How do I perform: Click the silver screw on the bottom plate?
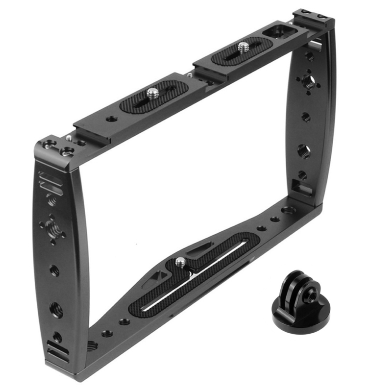181,262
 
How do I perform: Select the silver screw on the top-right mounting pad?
244,48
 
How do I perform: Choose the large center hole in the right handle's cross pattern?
309,80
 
